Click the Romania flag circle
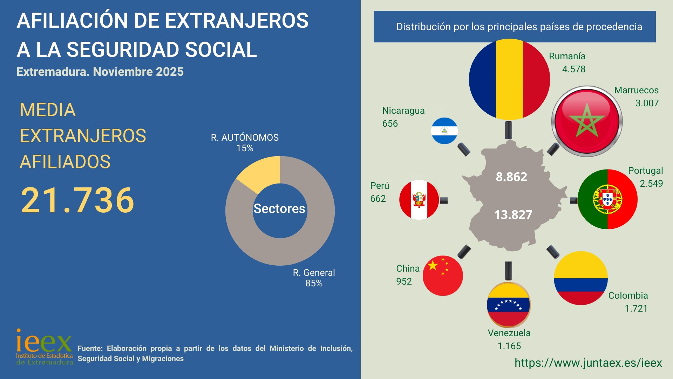pyautogui.click(x=509, y=79)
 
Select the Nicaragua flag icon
pyautogui.click(x=444, y=131)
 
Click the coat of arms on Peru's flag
pyautogui.click(x=419, y=200)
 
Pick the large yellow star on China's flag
pyautogui.click(x=433, y=265)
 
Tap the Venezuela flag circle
pyautogui.click(x=508, y=305)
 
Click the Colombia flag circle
pyautogui.click(x=581, y=278)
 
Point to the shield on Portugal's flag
pyautogui.click(x=607, y=199)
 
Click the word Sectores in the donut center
pyautogui.click(x=279, y=209)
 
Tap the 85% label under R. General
pyautogui.click(x=314, y=283)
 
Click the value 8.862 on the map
pyautogui.click(x=511, y=177)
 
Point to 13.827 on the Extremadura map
pyautogui.click(x=513, y=214)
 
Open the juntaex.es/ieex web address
pyautogui.click(x=588, y=363)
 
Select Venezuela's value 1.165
pyautogui.click(x=509, y=346)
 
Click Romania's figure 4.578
pyautogui.click(x=574, y=69)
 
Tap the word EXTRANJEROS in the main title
pyautogui.click(x=237, y=20)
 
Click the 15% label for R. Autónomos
pyautogui.click(x=245, y=148)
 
